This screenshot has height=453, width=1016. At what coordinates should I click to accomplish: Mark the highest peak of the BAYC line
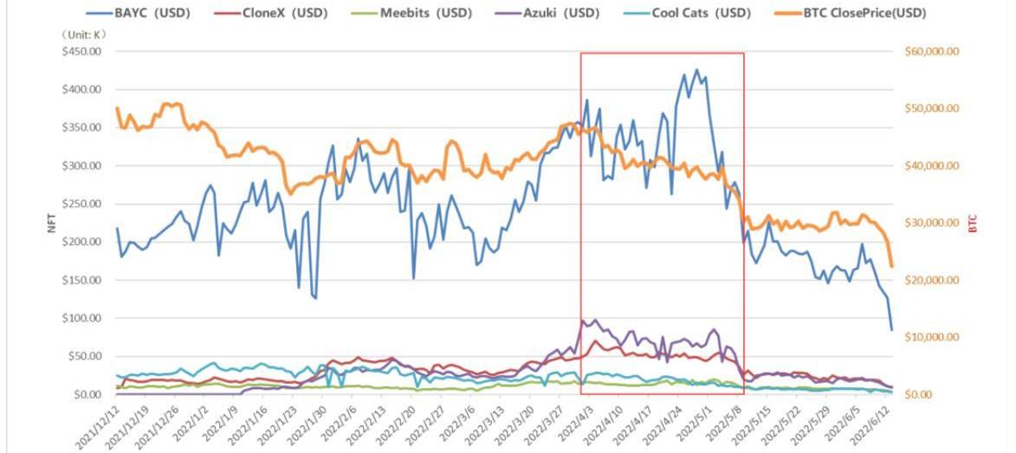pos(696,69)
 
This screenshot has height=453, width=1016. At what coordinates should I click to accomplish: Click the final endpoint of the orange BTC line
pos(891,266)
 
